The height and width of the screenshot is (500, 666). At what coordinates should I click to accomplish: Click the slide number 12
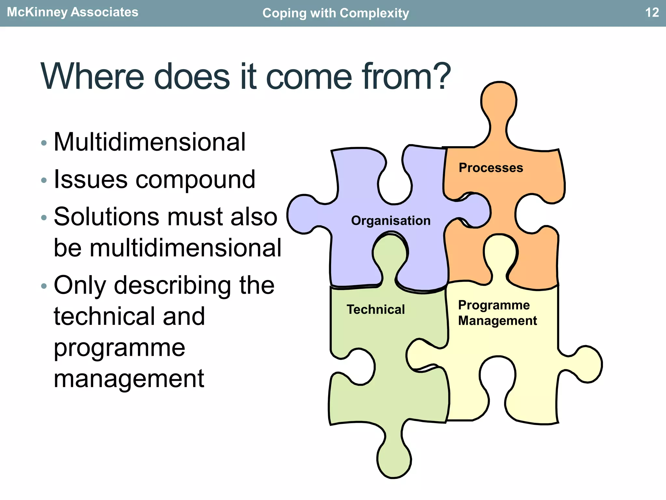click(652, 12)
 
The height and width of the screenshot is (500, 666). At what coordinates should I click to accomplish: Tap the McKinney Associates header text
click(73, 12)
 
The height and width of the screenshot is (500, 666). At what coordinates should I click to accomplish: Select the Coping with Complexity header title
click(336, 13)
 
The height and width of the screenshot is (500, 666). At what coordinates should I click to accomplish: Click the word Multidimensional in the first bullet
click(150, 142)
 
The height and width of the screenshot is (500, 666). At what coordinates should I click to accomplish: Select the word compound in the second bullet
click(195, 180)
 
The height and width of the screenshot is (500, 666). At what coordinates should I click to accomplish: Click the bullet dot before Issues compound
click(44, 180)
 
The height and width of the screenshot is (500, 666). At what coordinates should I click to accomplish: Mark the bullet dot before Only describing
click(44, 286)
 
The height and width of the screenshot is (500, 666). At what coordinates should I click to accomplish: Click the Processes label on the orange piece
click(491, 168)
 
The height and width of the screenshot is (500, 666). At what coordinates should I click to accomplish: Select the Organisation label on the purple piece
click(391, 220)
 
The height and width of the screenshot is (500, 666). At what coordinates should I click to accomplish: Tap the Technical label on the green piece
click(376, 309)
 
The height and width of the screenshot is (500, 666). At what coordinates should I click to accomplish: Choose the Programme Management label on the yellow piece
click(497, 313)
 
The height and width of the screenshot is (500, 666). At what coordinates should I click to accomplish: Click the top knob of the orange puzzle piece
click(499, 101)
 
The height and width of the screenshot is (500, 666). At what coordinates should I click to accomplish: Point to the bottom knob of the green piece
click(394, 459)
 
